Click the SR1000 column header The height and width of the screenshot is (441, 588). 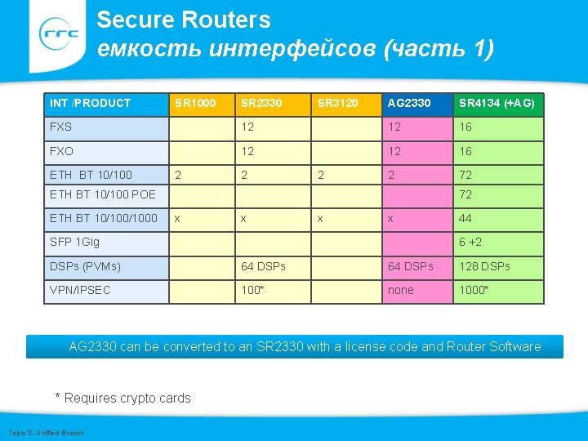pos(195,103)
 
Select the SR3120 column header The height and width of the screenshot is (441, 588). pos(338,103)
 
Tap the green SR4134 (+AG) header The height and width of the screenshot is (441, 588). pos(497,103)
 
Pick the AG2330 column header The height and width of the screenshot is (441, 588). pos(412,103)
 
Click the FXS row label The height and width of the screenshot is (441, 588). pos(61,127)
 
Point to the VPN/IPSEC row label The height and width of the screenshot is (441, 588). pos(80,290)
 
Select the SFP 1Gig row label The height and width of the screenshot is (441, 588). pos(74,242)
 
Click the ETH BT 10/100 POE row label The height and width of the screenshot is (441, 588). pos(103,194)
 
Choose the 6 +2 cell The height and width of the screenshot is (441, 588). pos(470,242)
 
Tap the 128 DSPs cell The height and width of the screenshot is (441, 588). pos(484,266)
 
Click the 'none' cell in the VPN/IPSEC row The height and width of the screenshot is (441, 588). pos(401,290)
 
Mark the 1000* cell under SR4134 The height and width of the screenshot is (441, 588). pos(474,290)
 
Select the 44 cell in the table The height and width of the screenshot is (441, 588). pos(465,218)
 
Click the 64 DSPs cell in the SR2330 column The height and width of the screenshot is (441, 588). pos(264,266)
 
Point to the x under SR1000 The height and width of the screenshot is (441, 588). pos(178,218)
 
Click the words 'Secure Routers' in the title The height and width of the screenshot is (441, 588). pos(184,20)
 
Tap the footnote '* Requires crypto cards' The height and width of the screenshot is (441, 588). pos(122,398)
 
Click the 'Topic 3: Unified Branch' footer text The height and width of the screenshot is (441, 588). pos(46,432)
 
